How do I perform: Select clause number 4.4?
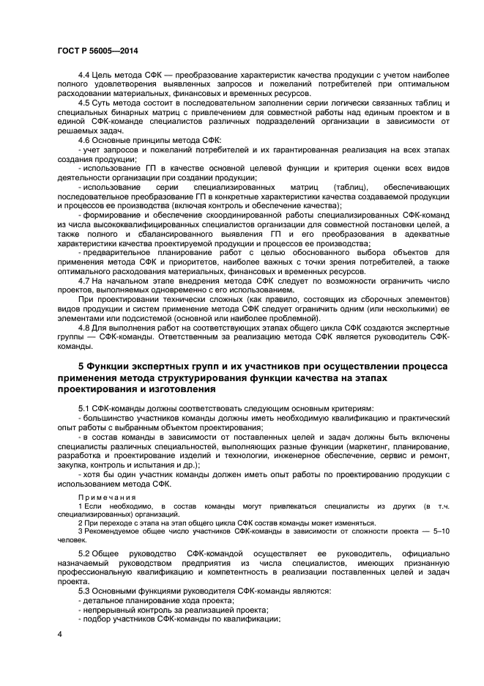coord(84,76)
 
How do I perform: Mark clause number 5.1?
coord(84,407)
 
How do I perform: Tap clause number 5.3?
coord(84,590)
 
